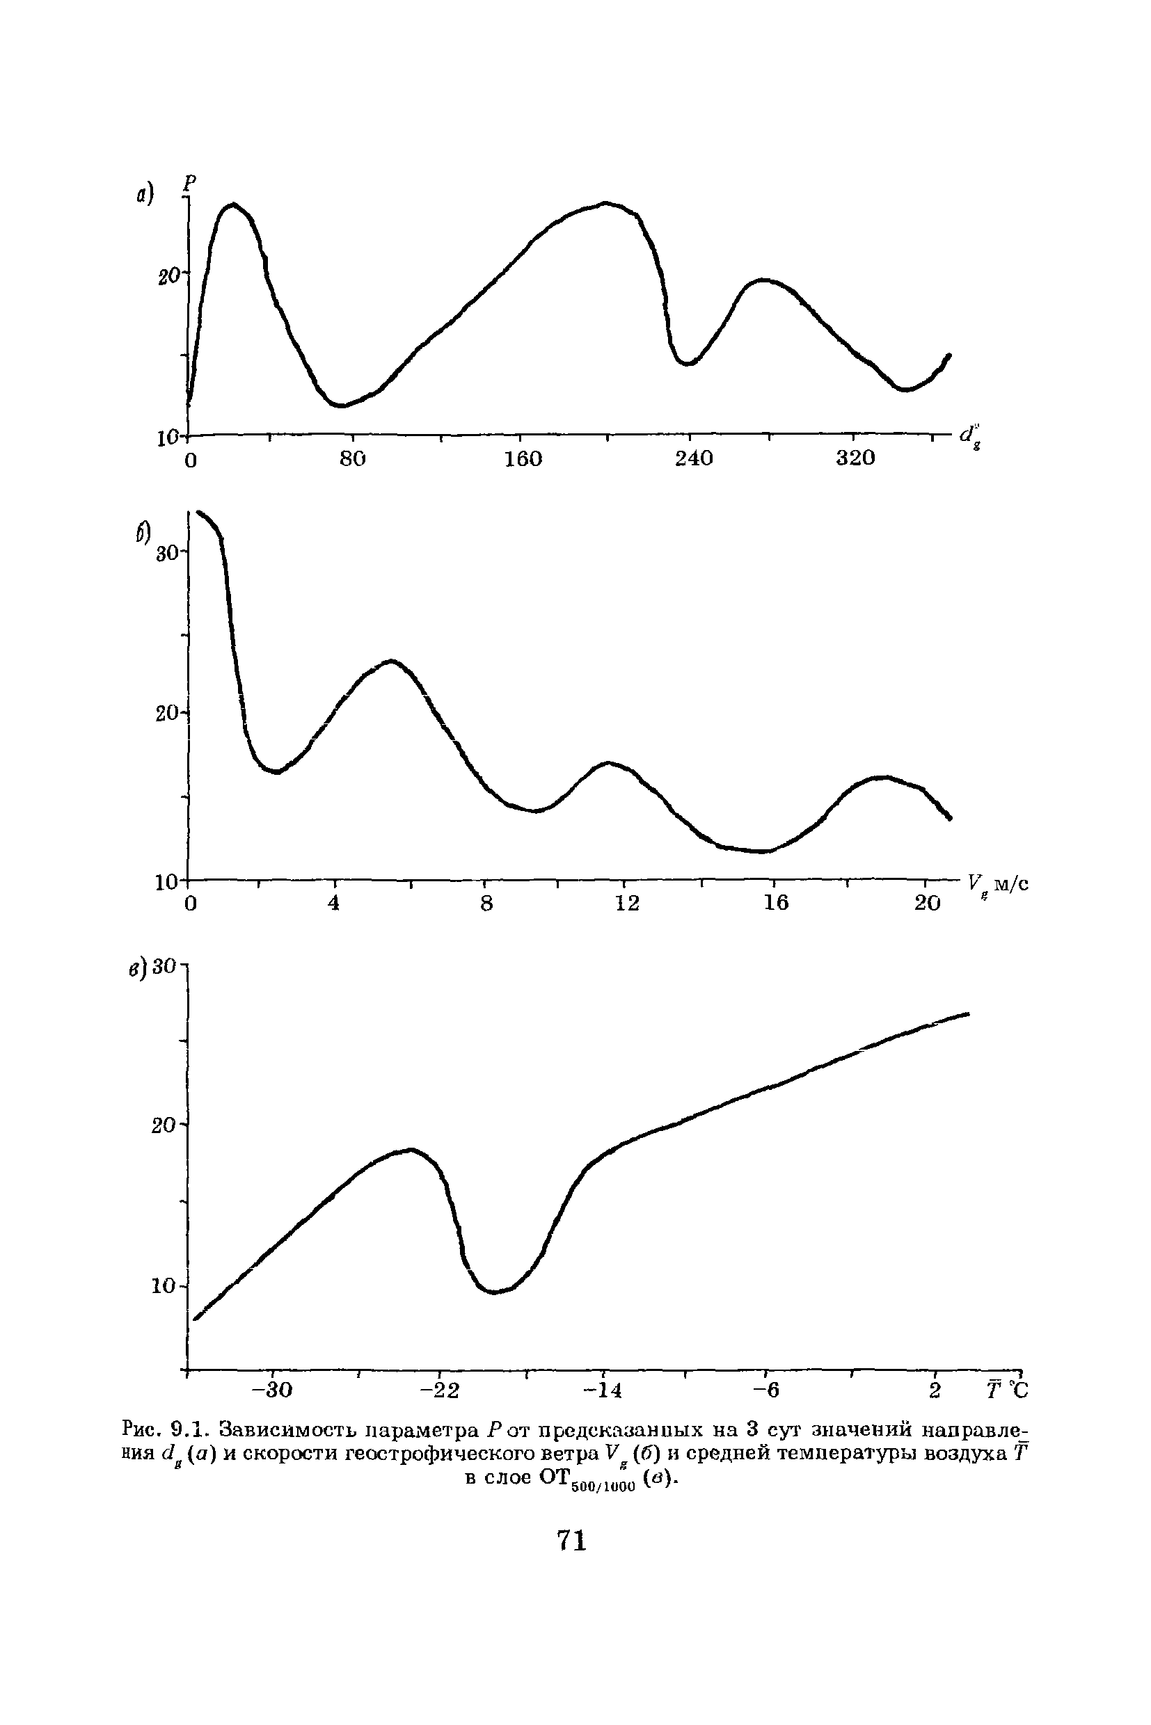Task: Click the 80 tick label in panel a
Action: [x=352, y=458]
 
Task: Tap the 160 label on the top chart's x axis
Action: [x=523, y=458]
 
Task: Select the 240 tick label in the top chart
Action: [x=693, y=458]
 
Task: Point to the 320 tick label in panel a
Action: [x=855, y=458]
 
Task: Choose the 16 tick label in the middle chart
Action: [x=775, y=902]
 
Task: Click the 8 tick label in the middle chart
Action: [x=486, y=902]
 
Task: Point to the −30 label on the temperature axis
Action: [x=271, y=1390]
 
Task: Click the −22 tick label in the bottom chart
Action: [x=439, y=1390]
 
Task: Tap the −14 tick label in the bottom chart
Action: [x=603, y=1390]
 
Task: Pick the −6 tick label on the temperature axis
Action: [x=765, y=1390]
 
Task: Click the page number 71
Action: [x=572, y=1540]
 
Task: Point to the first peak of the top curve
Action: [x=233, y=204]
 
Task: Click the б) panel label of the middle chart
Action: [x=143, y=533]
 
